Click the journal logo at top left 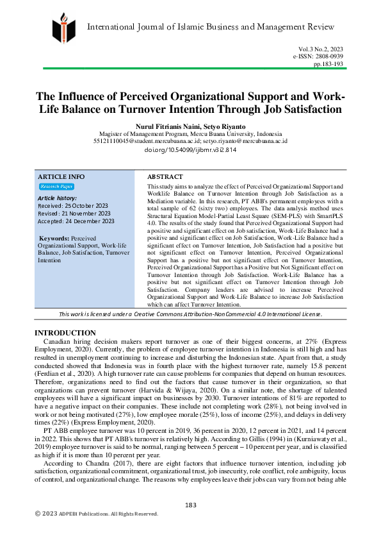tap(63, 26)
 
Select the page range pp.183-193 tap(328, 64)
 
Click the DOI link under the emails tap(190, 149)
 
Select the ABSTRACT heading tap(165, 176)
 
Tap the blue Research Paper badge tap(56, 187)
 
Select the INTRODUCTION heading tap(65, 333)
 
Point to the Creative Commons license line tap(190, 314)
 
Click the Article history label tap(58, 198)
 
